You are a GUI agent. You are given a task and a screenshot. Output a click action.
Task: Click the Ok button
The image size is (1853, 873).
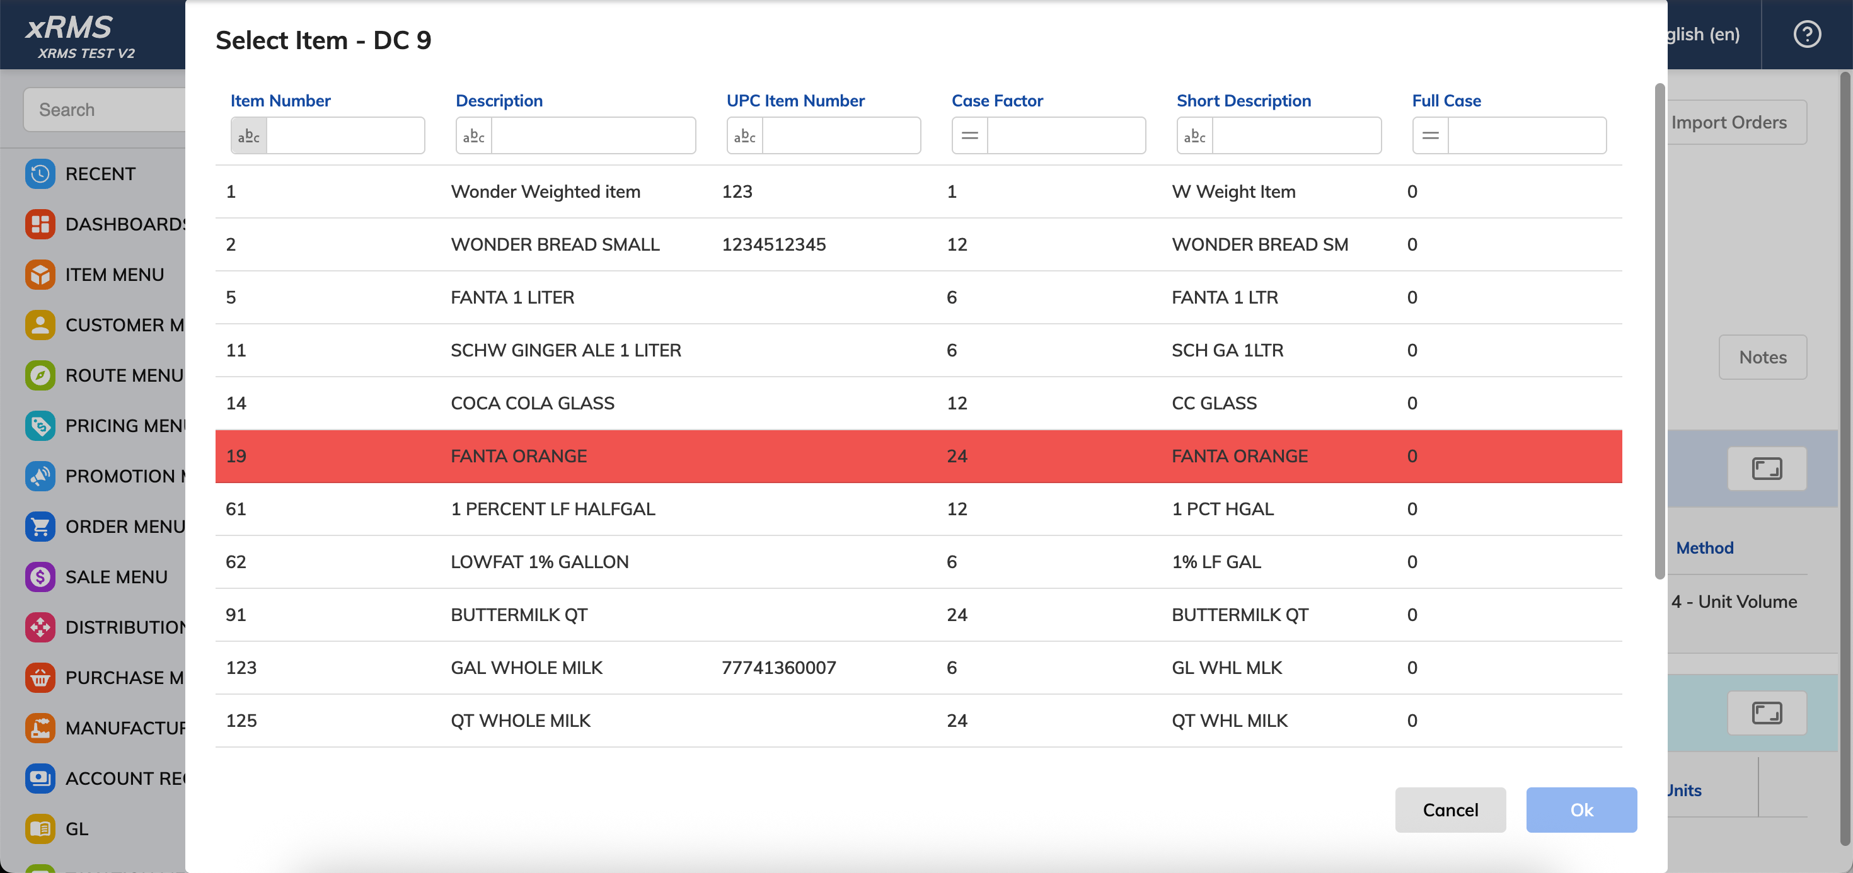[1581, 810]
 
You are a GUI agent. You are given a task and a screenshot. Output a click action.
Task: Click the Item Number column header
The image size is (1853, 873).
[280, 101]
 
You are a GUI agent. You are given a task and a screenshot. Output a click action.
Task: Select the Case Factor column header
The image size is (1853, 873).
[997, 101]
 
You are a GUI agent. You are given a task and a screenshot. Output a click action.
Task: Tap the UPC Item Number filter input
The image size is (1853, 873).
[841, 135]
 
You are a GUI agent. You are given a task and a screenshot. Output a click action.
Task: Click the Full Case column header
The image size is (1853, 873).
[1446, 101]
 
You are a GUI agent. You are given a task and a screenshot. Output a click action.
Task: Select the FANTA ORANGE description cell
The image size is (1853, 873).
[519, 456]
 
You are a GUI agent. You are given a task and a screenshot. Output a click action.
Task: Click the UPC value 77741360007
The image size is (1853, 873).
[778, 667]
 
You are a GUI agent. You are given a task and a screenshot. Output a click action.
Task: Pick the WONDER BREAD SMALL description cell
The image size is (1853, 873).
[555, 244]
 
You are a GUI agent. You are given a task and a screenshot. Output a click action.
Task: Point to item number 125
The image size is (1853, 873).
[241, 721]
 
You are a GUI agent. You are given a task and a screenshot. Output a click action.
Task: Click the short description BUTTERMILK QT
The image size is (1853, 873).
[1239, 615]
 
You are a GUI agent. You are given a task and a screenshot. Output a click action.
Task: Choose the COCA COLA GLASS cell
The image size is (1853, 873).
[533, 403]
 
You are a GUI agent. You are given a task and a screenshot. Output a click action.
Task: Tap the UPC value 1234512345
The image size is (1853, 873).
[773, 244]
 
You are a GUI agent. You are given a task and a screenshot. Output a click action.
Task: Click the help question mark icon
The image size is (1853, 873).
[1806, 34]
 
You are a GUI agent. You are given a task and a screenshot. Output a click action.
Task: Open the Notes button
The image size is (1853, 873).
[1762, 357]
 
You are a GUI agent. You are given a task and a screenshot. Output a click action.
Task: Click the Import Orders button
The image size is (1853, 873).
[1729, 122]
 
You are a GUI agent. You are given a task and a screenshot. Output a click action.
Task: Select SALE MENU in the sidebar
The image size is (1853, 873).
[116, 577]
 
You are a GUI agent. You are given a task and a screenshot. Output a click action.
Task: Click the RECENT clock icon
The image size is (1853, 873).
[40, 173]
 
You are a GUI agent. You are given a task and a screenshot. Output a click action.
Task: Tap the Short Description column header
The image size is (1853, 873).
[1243, 101]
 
